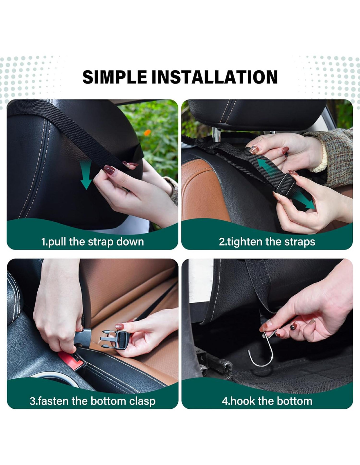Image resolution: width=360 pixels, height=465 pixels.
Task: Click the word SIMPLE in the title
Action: (x=115, y=77)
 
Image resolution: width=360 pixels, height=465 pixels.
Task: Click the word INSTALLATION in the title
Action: (x=215, y=77)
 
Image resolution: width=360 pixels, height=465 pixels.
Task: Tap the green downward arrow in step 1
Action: (x=86, y=175)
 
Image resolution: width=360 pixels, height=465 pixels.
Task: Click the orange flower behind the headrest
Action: (x=147, y=132)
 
